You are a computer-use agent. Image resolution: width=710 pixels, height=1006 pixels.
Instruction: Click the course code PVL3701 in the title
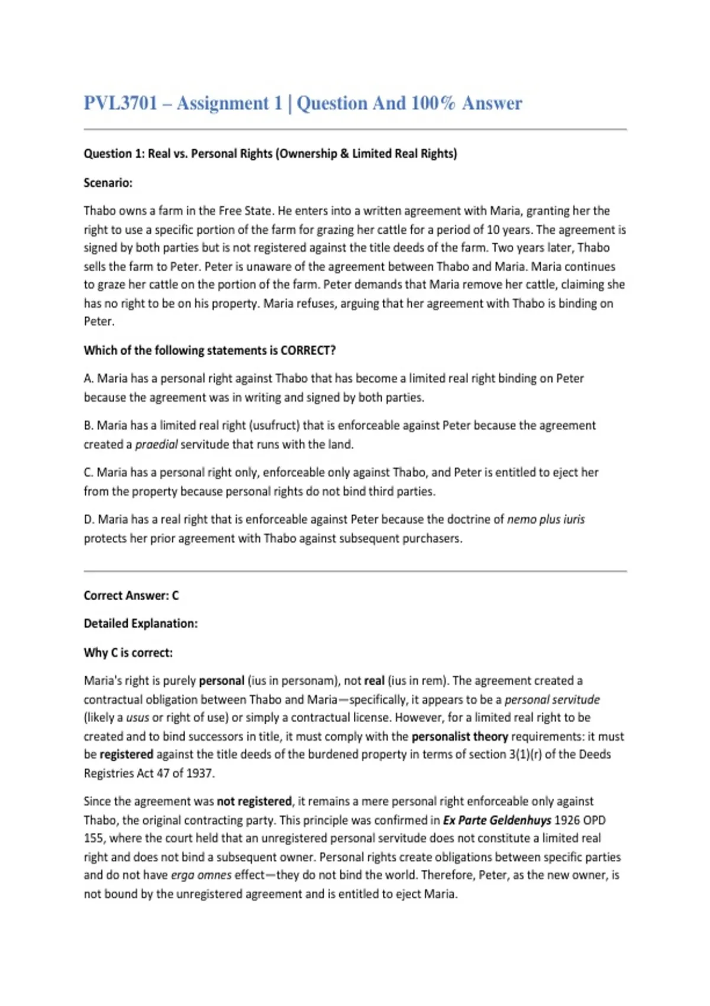coord(121,103)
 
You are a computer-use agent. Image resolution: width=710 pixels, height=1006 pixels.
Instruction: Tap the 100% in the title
coord(433,103)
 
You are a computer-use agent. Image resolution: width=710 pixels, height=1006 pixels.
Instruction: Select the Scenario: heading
coord(108,183)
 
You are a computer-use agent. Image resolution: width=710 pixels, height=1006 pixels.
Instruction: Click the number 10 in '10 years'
coord(493,230)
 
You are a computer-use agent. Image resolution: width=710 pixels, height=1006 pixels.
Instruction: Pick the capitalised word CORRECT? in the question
coord(308,350)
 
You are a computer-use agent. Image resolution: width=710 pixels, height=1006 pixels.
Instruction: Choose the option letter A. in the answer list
coord(89,379)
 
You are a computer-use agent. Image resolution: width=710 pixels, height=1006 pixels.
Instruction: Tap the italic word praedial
coord(156,444)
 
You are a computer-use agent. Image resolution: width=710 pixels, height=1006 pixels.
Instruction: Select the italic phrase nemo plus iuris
coord(546,520)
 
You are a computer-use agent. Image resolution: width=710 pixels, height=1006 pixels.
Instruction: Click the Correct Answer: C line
coord(131,596)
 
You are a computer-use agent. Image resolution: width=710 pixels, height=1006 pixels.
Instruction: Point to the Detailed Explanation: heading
coord(141,624)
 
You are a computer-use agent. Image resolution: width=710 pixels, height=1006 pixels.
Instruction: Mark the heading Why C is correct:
coord(128,653)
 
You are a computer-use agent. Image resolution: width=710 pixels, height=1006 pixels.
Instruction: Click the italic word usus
coord(137,718)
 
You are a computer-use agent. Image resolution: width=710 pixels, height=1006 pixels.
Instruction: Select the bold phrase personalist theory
coord(460,737)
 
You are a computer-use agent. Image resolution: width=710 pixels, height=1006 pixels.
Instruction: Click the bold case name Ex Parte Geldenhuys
coord(497,820)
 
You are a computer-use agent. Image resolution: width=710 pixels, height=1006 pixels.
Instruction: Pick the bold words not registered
coord(254,801)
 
